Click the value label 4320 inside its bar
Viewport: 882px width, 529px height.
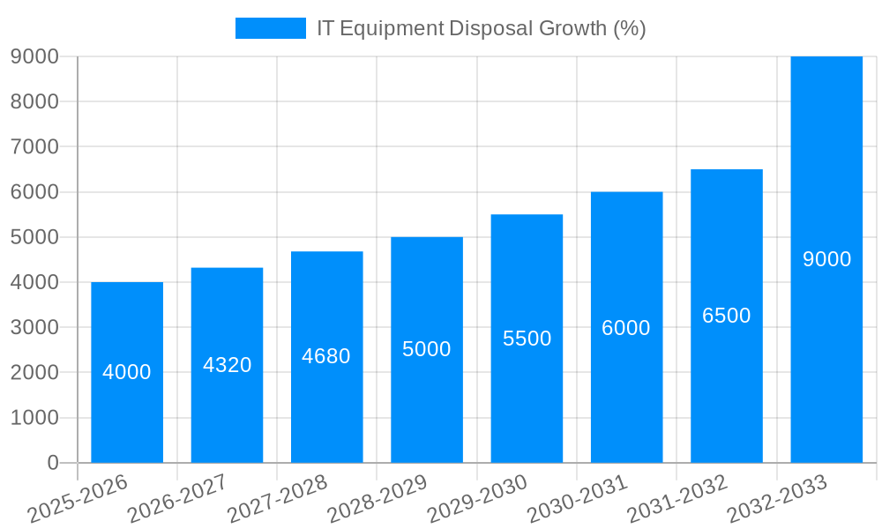pyautogui.click(x=228, y=365)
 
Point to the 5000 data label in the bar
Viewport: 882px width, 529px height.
pyautogui.click(x=427, y=349)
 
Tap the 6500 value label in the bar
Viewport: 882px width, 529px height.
pyautogui.click(x=727, y=316)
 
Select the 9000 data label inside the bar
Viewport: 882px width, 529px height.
pyautogui.click(x=827, y=259)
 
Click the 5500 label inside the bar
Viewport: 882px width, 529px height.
pyautogui.click(x=527, y=339)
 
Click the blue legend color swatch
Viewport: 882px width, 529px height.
pyautogui.click(x=270, y=28)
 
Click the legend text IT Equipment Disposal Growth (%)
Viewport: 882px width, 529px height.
pyautogui.click(x=482, y=28)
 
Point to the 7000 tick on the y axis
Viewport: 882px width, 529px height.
pyautogui.click(x=34, y=146)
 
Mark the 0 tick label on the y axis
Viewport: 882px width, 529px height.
pyautogui.click(x=53, y=463)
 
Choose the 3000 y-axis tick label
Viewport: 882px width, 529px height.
pyautogui.click(x=34, y=327)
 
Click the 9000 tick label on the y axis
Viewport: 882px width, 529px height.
pyautogui.click(x=34, y=56)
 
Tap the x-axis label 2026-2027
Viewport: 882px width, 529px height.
pyautogui.click(x=176, y=499)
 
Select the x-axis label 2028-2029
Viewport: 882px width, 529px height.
pyautogui.click(x=377, y=499)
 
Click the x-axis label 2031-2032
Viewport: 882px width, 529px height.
pyautogui.click(x=676, y=499)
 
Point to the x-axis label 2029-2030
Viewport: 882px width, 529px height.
pyautogui.click(x=476, y=499)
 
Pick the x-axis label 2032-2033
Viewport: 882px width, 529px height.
pyautogui.click(x=776, y=499)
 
